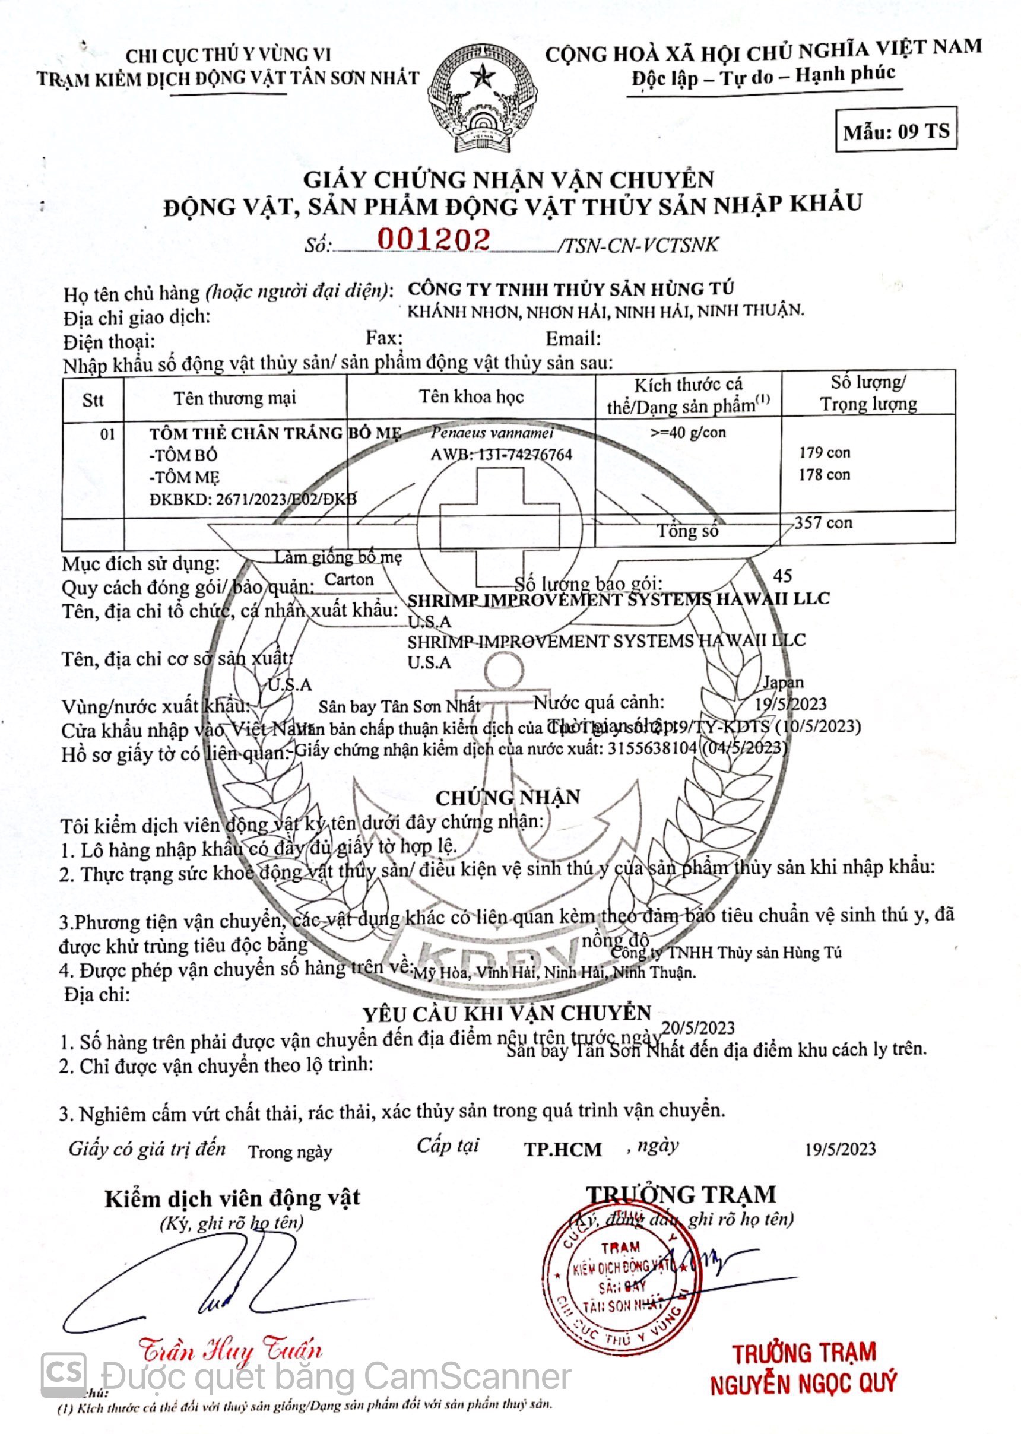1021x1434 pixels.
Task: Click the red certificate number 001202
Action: tap(433, 240)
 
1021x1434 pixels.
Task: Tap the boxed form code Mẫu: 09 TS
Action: tap(896, 131)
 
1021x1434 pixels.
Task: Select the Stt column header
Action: tap(93, 400)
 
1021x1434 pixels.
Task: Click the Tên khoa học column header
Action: tap(471, 396)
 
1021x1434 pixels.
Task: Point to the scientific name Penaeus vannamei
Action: tap(492, 433)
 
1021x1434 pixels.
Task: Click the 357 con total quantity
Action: tap(823, 522)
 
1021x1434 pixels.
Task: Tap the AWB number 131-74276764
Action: tap(501, 455)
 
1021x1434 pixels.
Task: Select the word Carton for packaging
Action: tap(348, 579)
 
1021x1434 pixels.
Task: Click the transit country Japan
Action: tap(783, 682)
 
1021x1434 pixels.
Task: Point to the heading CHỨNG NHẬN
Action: tap(508, 798)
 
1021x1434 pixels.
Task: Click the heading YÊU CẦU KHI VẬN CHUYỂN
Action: tap(507, 1013)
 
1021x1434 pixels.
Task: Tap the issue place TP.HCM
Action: tap(563, 1149)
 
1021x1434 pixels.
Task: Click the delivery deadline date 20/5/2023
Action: tap(698, 1029)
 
